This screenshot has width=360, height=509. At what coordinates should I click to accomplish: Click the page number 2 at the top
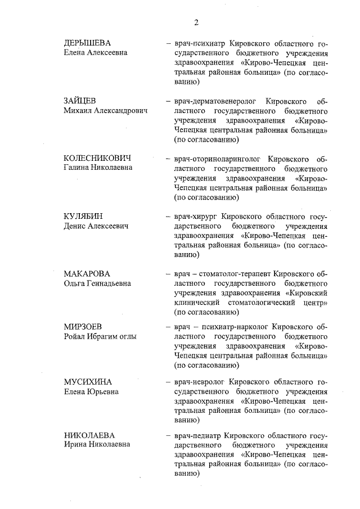196,22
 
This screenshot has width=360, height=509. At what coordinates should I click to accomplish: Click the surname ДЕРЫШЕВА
87,43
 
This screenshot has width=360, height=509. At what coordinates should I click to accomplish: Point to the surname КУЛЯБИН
83,216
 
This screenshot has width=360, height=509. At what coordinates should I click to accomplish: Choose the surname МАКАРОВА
87,273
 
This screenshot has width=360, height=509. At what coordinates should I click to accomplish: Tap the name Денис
75,226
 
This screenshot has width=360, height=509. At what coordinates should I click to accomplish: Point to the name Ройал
75,336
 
